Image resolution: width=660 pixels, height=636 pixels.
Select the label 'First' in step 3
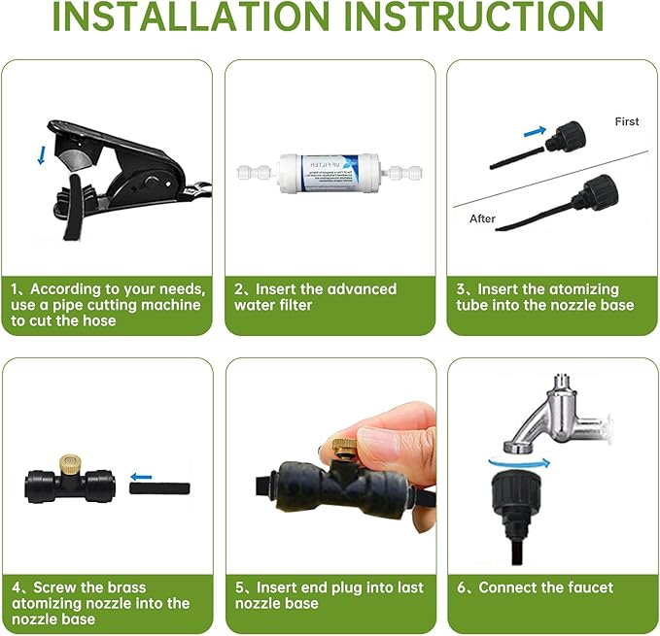coord(627,121)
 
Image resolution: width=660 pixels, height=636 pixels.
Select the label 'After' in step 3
coord(483,218)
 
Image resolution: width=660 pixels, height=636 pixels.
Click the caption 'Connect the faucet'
coord(545,587)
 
